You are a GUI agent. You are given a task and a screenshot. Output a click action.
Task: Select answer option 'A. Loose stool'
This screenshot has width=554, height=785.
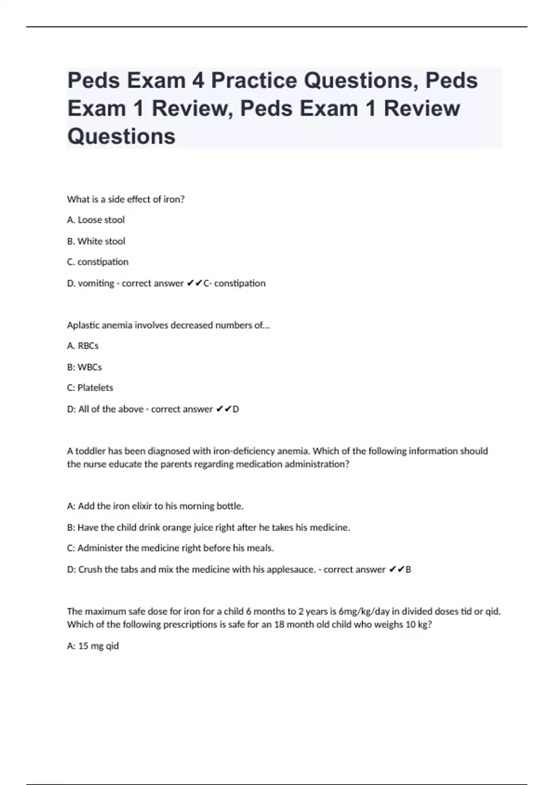[x=96, y=220]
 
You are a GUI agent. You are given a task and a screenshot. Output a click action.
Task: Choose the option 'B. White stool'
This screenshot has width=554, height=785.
[x=96, y=241]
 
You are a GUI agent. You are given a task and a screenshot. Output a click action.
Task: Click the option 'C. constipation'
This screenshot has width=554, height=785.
[x=97, y=262]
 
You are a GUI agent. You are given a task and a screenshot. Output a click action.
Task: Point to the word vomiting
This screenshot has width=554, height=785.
[x=96, y=283]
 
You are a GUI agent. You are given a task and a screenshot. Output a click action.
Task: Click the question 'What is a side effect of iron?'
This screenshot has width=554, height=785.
[x=126, y=199]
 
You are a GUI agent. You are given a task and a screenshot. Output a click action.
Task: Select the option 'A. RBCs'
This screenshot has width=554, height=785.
[x=83, y=346]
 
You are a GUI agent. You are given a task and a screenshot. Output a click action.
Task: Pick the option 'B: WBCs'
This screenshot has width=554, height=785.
[x=84, y=367]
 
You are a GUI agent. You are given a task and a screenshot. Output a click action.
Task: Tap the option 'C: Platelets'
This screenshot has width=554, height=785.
[x=90, y=388]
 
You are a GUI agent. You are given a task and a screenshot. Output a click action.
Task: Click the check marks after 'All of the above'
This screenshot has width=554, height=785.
[x=224, y=409]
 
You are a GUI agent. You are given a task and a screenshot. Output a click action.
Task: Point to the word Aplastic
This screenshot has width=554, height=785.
[x=83, y=325]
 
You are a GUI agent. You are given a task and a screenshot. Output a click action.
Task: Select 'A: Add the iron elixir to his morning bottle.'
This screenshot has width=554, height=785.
[x=155, y=506]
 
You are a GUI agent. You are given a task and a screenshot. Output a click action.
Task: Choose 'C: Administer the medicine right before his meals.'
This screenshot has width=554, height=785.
[x=170, y=548]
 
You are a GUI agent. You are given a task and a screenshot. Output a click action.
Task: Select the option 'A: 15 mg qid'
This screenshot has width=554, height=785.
[x=93, y=646]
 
